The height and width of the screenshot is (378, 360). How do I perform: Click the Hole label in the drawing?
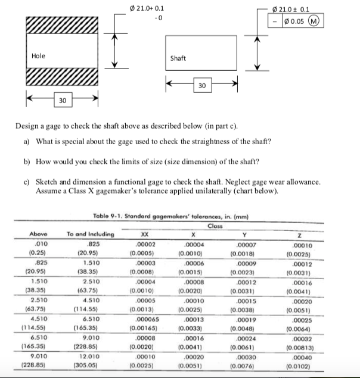pos(38,56)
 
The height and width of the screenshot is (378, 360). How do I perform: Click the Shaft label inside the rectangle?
pos(178,58)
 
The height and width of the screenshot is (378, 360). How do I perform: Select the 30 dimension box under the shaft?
pos(201,87)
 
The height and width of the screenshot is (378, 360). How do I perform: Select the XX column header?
pos(143,235)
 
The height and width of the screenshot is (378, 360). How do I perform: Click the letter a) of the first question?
pos(27,141)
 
